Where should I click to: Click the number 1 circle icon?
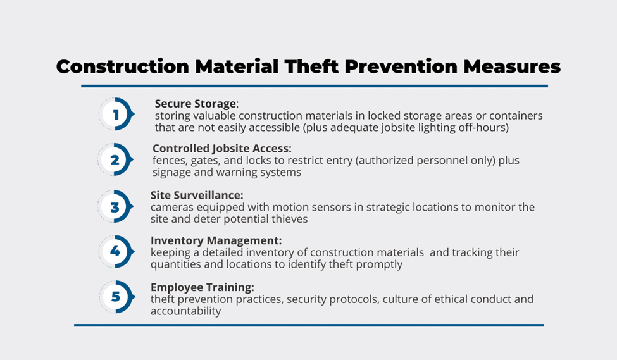tap(116, 114)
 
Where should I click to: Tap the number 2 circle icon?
tap(115, 159)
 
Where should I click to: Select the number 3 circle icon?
tap(115, 206)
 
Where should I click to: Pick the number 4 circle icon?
tap(116, 251)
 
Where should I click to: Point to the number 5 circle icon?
tap(117, 297)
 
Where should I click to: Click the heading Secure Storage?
tap(196, 104)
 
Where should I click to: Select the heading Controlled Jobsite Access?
tap(222, 148)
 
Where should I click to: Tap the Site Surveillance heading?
tap(197, 195)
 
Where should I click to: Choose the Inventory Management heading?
tap(216, 240)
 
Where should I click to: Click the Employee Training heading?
tap(203, 287)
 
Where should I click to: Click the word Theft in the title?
tap(311, 66)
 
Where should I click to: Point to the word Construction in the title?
tap(122, 66)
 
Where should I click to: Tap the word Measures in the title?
tap(512, 66)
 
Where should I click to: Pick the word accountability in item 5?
tap(185, 311)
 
